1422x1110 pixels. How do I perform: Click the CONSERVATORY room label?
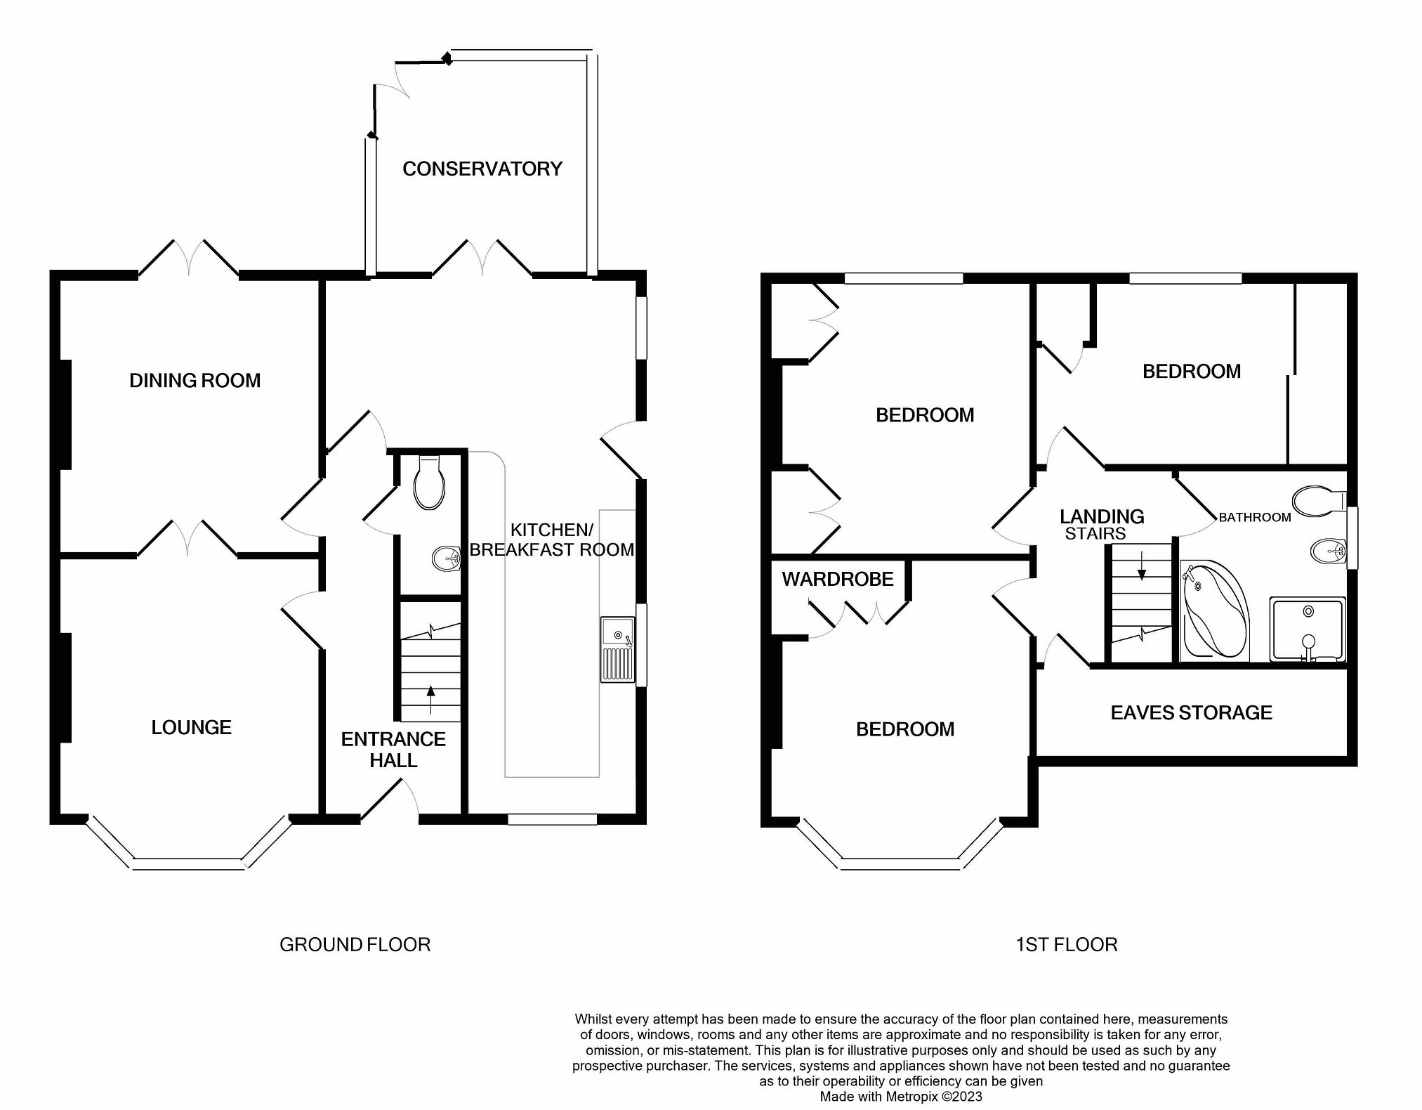click(482, 169)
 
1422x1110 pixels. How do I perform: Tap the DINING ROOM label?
click(195, 381)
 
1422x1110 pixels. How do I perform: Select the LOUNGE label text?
click(191, 727)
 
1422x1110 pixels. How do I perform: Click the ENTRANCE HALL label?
click(393, 750)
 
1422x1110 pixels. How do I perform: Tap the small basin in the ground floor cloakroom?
click(445, 559)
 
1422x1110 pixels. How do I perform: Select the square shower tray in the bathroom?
click(1307, 629)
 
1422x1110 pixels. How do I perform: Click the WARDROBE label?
click(837, 579)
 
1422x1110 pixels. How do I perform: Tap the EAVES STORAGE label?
click(1191, 713)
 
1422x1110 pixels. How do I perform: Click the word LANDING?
click(1102, 516)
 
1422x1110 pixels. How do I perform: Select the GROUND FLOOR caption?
click(355, 945)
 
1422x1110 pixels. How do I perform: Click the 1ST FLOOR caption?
click(1066, 945)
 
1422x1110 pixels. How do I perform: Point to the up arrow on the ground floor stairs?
click(430, 698)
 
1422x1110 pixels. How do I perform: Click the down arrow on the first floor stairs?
click(1142, 566)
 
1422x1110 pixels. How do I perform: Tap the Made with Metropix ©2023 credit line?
click(901, 1097)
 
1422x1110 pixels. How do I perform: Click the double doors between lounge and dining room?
click(187, 540)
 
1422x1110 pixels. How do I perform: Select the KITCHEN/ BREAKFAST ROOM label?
click(551, 540)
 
